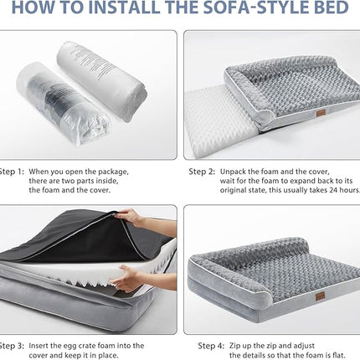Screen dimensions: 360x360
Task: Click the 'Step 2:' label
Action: (x=201, y=171)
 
